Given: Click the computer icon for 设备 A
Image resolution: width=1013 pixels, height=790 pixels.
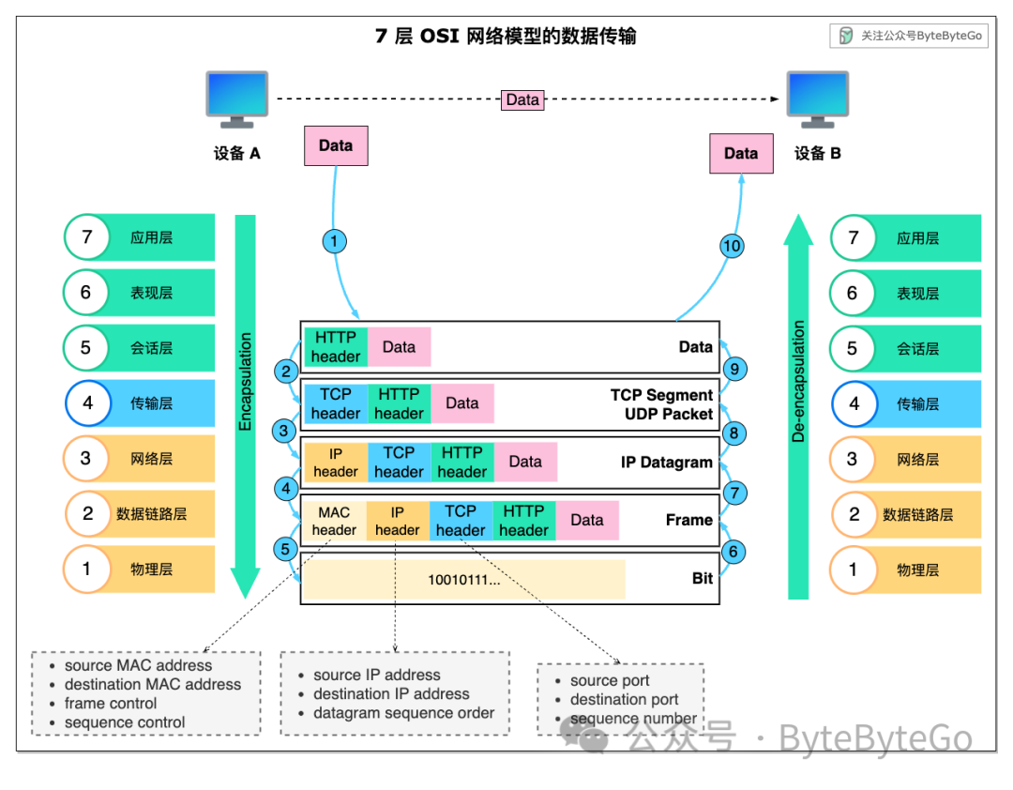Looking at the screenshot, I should pos(236,99).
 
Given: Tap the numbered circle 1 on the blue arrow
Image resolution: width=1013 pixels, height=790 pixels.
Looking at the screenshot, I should pos(334,242).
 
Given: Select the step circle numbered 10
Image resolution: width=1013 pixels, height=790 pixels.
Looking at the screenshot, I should pos(732,246).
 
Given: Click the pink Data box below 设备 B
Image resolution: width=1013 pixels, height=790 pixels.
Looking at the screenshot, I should pos(741,153).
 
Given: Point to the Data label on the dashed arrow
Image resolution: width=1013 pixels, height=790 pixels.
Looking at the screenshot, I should pos(522,99).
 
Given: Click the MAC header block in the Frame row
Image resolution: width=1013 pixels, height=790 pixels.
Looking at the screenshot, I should pos(334,521).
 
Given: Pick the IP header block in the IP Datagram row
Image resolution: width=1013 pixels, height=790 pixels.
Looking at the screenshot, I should pos(336,463).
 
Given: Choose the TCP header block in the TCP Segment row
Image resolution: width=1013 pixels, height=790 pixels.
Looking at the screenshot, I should pos(336,404).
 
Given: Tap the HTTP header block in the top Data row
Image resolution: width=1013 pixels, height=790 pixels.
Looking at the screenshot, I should pos(336,346).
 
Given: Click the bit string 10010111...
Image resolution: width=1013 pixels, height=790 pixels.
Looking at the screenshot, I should pos(463,579).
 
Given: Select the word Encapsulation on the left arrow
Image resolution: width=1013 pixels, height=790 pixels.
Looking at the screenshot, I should pos(246,382).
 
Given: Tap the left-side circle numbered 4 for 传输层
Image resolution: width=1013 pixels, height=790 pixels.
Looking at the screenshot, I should pos(88,403).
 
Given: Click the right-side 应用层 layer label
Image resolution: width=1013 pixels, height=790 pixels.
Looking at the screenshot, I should pos(917,238).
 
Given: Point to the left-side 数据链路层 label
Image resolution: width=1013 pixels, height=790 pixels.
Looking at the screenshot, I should pos(152,514).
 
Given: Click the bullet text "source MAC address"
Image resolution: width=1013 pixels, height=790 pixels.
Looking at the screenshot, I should pos(138,665).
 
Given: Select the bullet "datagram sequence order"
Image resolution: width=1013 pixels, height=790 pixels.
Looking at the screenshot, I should pos(403,713).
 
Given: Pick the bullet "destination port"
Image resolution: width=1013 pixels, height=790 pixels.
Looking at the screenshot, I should pos(624,700).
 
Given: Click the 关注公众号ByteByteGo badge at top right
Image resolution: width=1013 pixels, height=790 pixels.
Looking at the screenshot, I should pos(909,36).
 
